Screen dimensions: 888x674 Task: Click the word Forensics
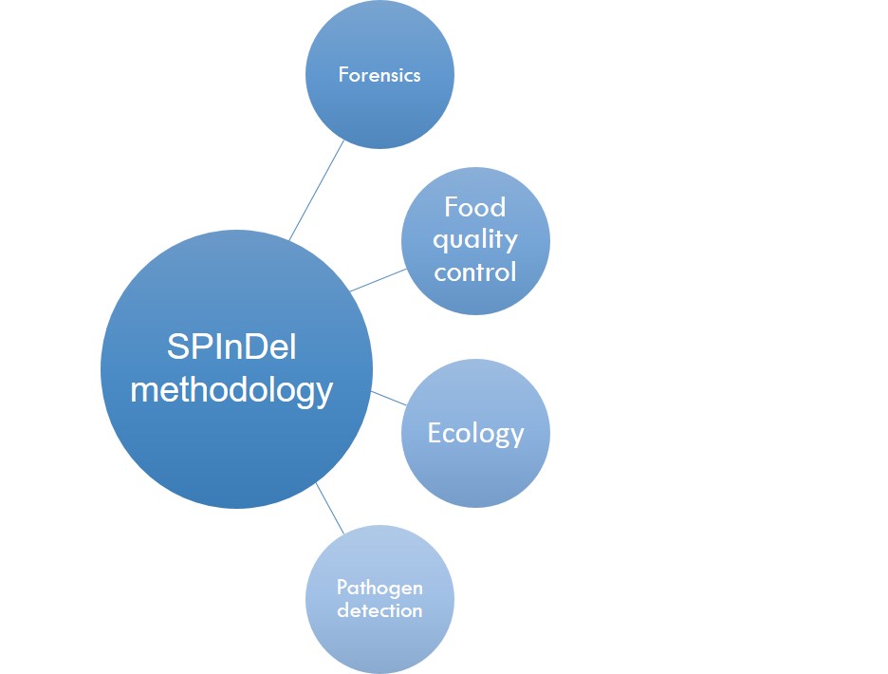click(379, 75)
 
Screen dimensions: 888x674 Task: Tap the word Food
click(474, 207)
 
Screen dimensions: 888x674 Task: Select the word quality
click(475, 240)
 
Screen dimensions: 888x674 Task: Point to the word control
click(475, 272)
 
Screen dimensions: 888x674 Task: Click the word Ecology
click(475, 434)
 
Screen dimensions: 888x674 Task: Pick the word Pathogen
click(379, 588)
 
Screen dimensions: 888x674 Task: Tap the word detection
click(379, 610)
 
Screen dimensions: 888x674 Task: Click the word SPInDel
click(231, 346)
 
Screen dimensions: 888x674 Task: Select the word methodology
click(231, 391)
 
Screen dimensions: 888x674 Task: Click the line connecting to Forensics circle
click(317, 190)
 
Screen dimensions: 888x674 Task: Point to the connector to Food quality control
click(379, 280)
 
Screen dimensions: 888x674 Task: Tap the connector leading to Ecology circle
click(389, 398)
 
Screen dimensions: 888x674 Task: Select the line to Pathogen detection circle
click(330, 509)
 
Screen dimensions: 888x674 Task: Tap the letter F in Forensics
click(343, 75)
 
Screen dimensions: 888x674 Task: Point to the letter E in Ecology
click(434, 433)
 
